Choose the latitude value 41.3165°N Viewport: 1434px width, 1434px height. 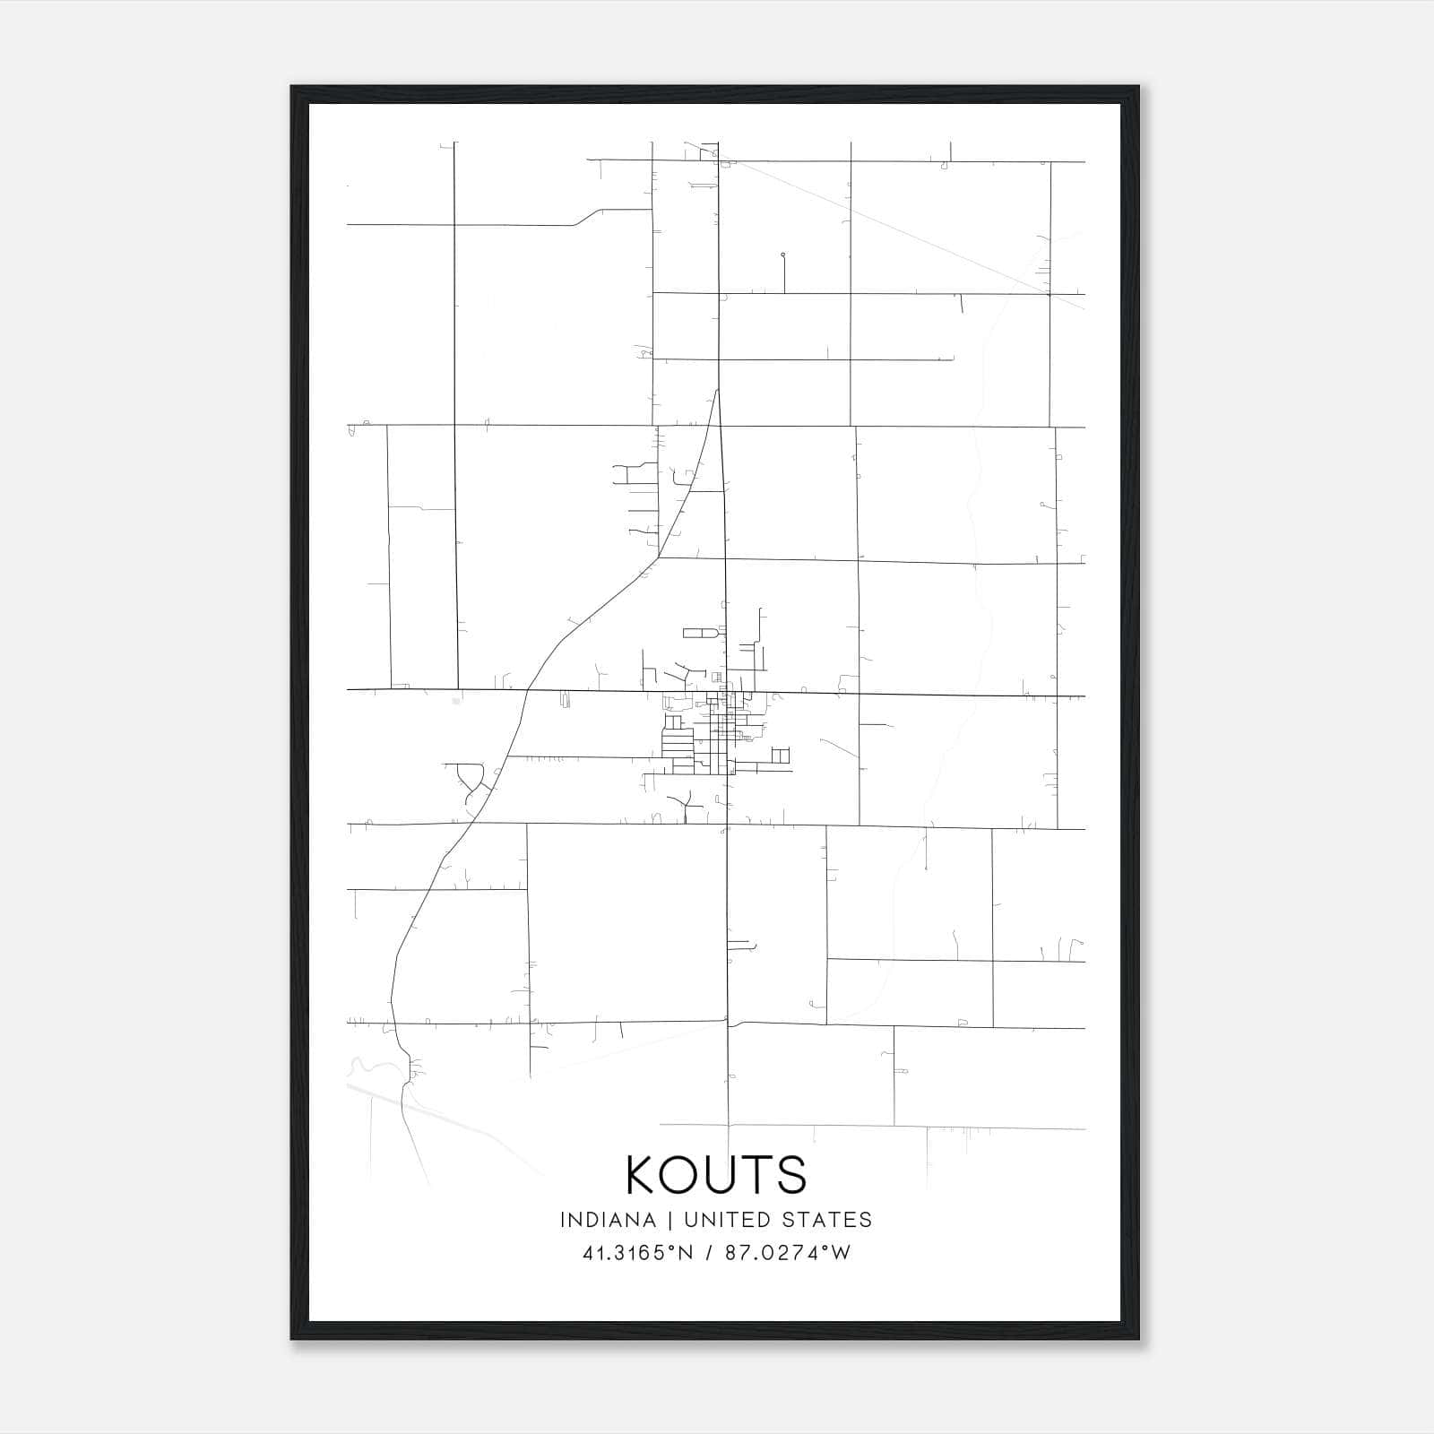(638, 1253)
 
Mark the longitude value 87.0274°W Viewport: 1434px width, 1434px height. (789, 1253)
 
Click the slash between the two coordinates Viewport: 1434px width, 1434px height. (711, 1253)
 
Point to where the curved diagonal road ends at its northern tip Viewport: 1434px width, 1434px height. (718, 390)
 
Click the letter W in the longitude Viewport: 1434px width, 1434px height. (841, 1253)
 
